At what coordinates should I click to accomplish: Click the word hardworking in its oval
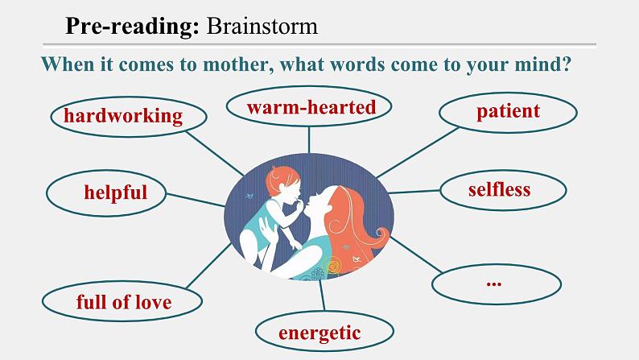click(x=123, y=116)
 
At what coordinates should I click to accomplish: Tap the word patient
click(x=508, y=110)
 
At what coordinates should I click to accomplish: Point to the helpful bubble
click(x=115, y=192)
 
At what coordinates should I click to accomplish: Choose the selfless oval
click(x=499, y=190)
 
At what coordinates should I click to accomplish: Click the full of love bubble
click(x=123, y=303)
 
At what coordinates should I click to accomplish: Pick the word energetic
click(x=319, y=333)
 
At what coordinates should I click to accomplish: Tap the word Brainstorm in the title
click(x=262, y=26)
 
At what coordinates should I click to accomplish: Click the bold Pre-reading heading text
click(x=132, y=26)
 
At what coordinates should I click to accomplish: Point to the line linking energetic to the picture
click(x=322, y=297)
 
